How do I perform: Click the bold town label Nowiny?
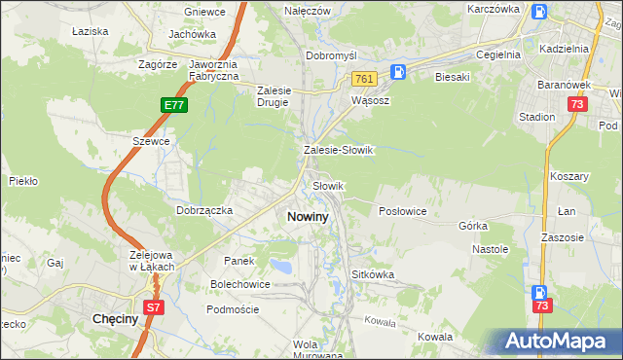(x=308, y=217)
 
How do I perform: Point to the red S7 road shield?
(x=154, y=307)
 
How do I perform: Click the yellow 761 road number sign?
(x=364, y=78)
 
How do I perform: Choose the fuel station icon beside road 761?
(x=398, y=72)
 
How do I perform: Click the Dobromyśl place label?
(x=333, y=55)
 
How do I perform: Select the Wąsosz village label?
(x=370, y=99)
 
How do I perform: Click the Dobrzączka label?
(x=203, y=209)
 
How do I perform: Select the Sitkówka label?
(x=373, y=274)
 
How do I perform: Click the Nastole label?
(x=491, y=249)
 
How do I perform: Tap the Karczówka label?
(x=493, y=8)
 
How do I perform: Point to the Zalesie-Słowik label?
(x=339, y=151)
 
